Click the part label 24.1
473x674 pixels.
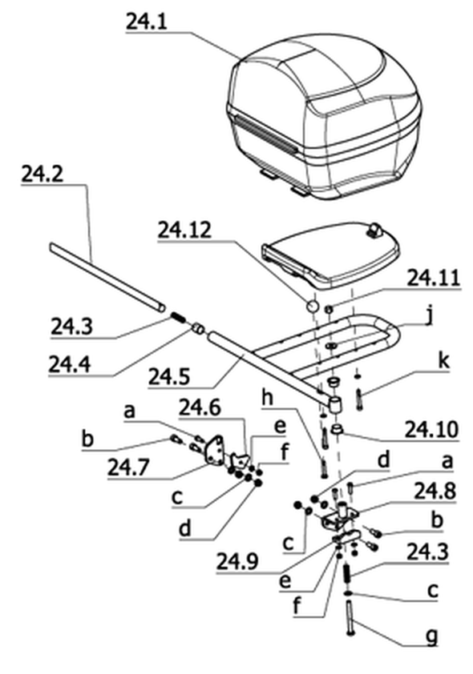(x=147, y=22)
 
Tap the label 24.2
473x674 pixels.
(x=42, y=174)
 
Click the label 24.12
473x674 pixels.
(x=184, y=230)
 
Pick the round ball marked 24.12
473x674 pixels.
(x=311, y=307)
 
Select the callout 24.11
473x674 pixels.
(x=434, y=277)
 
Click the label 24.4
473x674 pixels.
(x=70, y=364)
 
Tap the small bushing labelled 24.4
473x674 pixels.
(x=197, y=328)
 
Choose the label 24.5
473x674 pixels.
(x=169, y=376)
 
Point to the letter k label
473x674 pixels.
(x=443, y=360)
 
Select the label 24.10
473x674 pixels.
(x=431, y=429)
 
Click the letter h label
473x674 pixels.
(x=268, y=398)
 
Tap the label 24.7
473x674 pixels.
(x=129, y=467)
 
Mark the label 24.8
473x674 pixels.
(x=435, y=491)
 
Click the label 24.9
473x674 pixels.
(x=237, y=561)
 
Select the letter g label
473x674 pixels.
(x=431, y=636)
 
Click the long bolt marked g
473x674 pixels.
(x=349, y=619)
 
